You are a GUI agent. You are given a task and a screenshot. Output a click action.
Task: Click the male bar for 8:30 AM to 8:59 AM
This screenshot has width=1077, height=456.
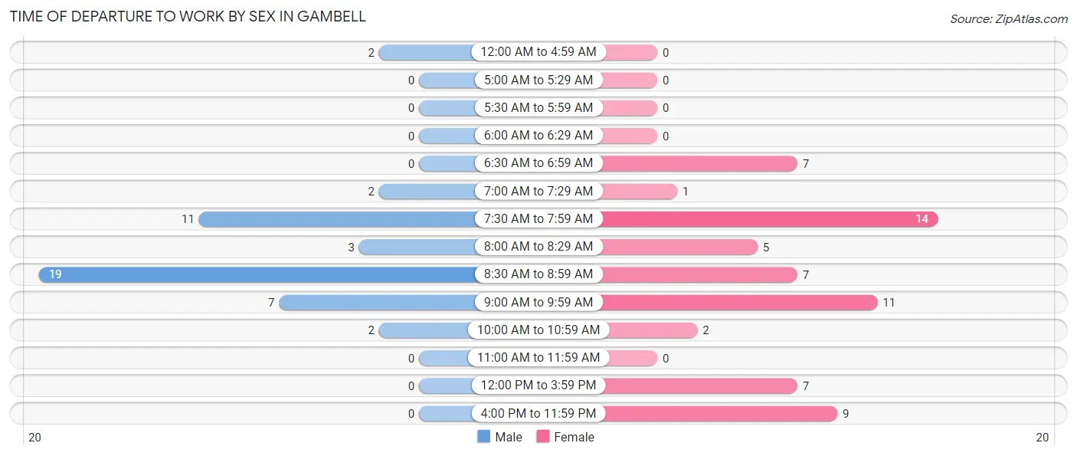click(x=257, y=274)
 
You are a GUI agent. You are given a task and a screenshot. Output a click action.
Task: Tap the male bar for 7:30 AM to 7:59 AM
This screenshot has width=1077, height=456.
click(x=337, y=219)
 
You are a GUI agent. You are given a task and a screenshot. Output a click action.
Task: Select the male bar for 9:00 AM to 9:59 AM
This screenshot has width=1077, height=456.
click(x=377, y=303)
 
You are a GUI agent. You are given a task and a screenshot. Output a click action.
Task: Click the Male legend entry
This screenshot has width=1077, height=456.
click(x=499, y=437)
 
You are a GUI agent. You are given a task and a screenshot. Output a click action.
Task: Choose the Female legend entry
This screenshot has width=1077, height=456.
click(x=565, y=437)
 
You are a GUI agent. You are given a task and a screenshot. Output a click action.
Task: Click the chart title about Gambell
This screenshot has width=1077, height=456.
click(x=188, y=16)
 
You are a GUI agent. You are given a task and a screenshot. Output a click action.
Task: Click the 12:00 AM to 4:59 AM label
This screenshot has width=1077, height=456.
click(x=538, y=52)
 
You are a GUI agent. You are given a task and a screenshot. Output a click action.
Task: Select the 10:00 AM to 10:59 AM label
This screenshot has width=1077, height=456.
click(x=538, y=330)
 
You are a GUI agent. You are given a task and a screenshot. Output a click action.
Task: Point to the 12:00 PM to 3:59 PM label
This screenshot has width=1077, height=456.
click(x=538, y=385)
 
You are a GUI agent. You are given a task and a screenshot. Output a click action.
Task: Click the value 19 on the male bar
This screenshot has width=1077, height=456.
click(x=55, y=274)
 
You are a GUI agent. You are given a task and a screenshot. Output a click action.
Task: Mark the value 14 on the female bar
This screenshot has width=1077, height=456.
click(x=922, y=219)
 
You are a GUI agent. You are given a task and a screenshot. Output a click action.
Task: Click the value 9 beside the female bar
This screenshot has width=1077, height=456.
click(x=846, y=414)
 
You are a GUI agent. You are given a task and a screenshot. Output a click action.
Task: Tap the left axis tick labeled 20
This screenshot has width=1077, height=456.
click(x=34, y=438)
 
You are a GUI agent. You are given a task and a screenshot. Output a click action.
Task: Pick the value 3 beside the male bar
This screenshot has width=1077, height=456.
click(x=351, y=247)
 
